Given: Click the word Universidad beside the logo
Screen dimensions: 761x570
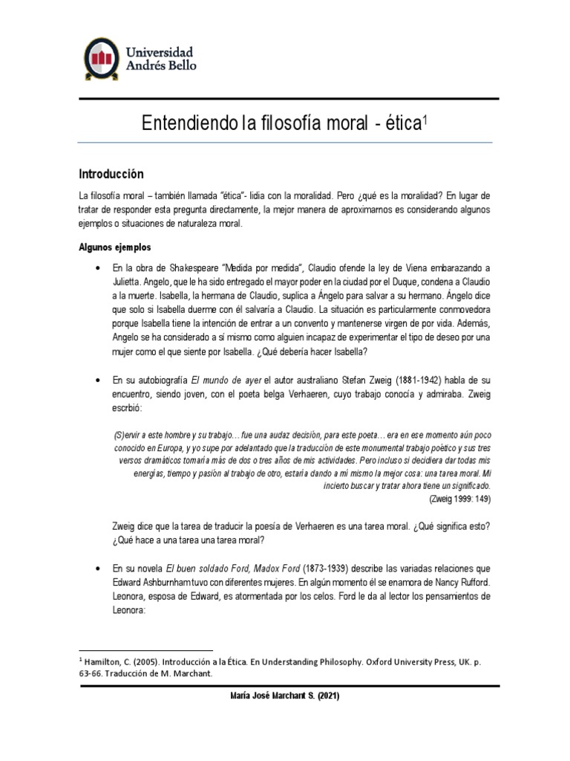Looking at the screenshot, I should click(161, 52).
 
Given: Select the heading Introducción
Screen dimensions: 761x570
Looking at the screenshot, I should click(111, 173).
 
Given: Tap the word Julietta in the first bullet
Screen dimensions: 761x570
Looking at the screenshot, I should click(134, 284).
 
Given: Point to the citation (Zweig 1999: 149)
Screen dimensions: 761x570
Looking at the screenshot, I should click(461, 499).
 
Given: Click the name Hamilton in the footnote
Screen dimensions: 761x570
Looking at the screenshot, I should click(108, 660).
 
